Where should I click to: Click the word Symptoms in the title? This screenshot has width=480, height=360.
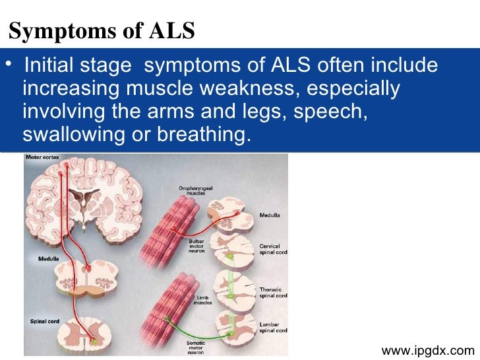point(56,31)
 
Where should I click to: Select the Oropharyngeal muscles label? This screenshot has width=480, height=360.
point(195,191)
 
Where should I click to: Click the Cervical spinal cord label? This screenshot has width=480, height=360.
point(273,248)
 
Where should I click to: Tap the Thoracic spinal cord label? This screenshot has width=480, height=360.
point(273,293)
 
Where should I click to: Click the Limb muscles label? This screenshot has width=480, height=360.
point(202,301)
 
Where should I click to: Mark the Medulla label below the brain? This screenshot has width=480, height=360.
point(47,258)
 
